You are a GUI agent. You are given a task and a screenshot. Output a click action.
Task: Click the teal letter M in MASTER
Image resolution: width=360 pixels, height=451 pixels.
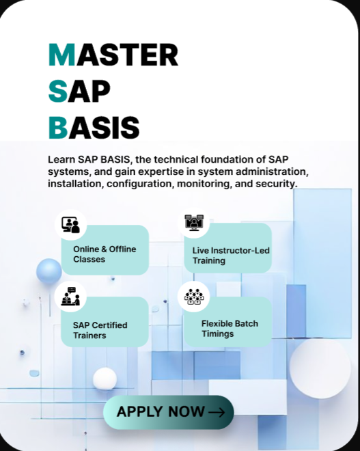[61, 55]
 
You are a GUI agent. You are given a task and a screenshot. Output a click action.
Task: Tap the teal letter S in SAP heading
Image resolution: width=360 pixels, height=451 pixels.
[58, 91]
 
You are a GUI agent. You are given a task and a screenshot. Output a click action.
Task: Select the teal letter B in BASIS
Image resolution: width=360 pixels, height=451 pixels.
[58, 128]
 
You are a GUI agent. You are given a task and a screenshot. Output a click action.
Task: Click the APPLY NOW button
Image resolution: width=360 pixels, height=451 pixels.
[169, 412]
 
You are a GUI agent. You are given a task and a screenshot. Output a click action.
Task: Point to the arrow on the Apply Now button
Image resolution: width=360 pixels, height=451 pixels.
[217, 413]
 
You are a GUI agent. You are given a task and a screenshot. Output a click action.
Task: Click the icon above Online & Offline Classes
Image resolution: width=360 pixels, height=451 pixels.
[70, 225]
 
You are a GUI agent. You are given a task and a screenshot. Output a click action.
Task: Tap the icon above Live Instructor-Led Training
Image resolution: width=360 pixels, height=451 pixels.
[194, 222]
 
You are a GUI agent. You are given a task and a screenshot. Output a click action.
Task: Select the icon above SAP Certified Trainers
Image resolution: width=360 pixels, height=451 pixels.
[70, 297]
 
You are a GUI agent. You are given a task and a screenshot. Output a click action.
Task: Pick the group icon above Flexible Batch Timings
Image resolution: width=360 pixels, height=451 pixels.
[194, 297]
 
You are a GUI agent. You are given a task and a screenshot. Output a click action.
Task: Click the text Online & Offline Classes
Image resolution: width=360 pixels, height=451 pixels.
[105, 254]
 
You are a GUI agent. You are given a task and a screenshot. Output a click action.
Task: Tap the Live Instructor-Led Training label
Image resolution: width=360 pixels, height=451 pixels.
[231, 256]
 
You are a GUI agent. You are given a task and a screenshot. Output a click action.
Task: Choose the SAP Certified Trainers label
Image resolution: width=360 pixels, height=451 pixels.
[100, 330]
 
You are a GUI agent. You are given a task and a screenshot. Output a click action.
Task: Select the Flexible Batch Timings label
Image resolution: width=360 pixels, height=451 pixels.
[230, 329]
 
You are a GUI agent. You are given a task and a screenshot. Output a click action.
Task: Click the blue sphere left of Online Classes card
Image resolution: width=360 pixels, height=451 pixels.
[49, 271]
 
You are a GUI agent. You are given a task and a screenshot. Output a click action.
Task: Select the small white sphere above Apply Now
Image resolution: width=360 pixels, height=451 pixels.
[105, 379]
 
